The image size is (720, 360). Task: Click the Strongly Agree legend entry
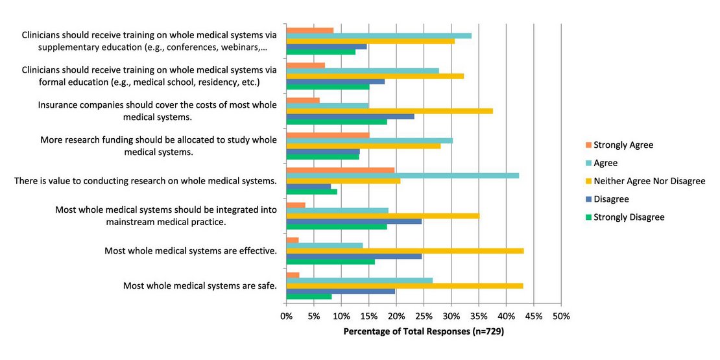click(x=622, y=145)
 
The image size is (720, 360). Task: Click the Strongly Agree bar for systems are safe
click(x=293, y=275)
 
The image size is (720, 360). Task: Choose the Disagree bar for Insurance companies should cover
click(x=350, y=116)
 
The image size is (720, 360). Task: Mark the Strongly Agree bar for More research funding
click(x=328, y=135)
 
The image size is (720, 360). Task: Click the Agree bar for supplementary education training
click(x=379, y=35)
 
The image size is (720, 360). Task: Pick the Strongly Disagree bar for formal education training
click(x=328, y=86)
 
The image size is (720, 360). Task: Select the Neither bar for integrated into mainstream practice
click(x=383, y=215)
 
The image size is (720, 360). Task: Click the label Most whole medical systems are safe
click(x=200, y=285)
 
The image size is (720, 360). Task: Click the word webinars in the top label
click(x=245, y=47)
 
